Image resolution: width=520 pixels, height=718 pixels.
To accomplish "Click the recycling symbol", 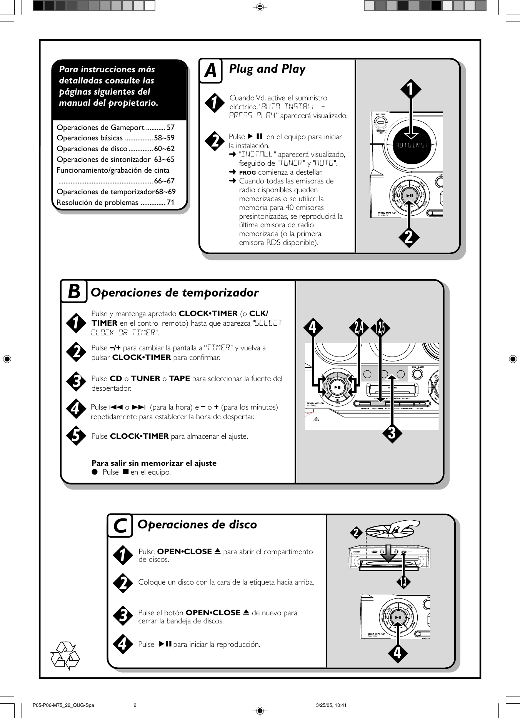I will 65,655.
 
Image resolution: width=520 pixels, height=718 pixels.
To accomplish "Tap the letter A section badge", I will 210,71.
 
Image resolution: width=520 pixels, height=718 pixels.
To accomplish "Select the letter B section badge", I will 73,292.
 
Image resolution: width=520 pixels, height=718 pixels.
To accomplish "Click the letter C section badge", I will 120,526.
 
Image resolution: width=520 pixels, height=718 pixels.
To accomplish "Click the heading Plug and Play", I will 267,69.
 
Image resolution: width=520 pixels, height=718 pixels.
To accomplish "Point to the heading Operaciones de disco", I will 197,524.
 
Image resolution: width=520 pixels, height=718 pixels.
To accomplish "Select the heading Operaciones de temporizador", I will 174,292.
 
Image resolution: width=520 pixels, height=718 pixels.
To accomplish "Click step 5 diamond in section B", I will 76,436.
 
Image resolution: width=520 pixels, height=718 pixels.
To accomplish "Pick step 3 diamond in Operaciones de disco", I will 123,615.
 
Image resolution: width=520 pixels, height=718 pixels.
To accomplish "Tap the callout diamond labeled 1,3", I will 403,582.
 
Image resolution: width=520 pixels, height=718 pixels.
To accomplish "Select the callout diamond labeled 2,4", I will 359,328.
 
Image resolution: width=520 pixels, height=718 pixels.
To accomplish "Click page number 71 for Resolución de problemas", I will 170,202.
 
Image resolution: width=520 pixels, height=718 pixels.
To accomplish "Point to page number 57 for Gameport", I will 170,127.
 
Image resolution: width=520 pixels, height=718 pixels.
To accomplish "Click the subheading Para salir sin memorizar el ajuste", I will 154,463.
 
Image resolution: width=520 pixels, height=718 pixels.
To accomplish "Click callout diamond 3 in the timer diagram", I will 392,433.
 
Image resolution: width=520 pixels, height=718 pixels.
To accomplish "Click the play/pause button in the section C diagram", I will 398,618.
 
